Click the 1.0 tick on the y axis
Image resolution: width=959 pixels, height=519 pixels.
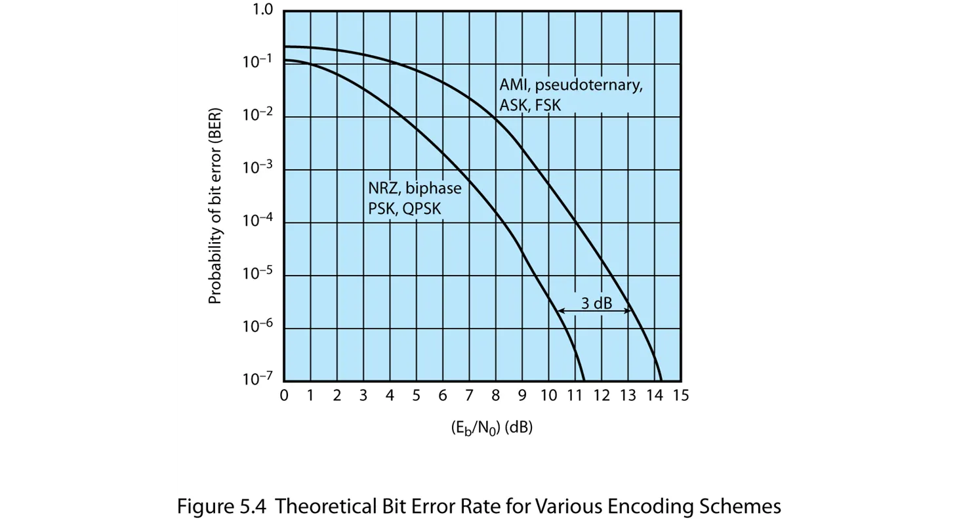(264, 11)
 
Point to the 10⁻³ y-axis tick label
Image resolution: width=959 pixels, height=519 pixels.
(259, 169)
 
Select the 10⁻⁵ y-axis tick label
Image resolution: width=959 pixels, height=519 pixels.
(259, 274)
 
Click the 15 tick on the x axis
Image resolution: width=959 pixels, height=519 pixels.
(680, 396)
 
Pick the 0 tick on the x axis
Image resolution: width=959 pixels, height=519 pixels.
(284, 396)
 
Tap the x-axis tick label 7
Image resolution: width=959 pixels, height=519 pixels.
(469, 396)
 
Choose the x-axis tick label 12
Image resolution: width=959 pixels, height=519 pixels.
(602, 396)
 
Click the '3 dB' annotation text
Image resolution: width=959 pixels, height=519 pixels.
(596, 303)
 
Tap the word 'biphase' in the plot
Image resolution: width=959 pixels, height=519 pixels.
(434, 189)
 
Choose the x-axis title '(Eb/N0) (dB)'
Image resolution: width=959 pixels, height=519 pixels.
(491, 428)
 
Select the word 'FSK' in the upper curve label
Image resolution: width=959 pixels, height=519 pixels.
(548, 105)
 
